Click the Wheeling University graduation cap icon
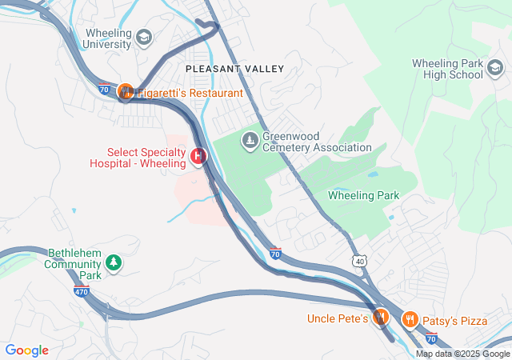coord(143,37)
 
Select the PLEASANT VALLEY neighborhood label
coord(234,69)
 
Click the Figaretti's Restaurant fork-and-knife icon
coord(126,93)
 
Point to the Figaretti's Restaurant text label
coord(190,94)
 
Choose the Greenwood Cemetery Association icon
coord(250,141)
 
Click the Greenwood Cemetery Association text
coord(317,142)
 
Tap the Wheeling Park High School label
coord(448,69)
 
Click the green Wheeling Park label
coord(363,195)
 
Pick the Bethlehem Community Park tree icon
coord(114,262)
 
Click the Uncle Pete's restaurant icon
coord(381,318)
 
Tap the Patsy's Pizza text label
coord(456,321)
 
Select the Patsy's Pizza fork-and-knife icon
coord(410,320)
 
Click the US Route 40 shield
coord(360,262)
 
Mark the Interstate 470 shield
coord(82,292)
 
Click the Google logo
coord(26,350)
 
